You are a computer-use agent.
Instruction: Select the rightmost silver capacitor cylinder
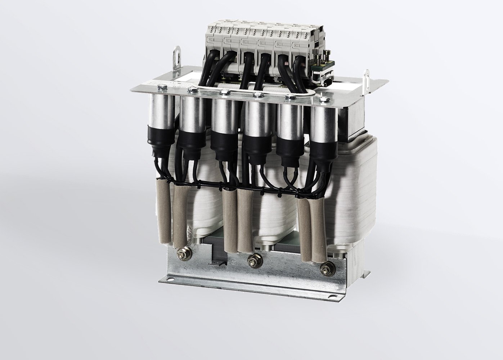[x=322, y=122]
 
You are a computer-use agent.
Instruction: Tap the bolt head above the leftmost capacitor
[x=161, y=86]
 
